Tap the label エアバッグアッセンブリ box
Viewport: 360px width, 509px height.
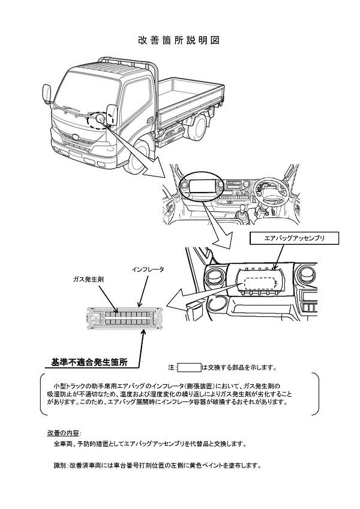295,238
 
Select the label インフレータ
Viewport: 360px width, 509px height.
148,271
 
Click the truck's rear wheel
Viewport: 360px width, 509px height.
197,129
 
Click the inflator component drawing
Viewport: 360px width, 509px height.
124,318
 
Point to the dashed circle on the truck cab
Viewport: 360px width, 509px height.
97,121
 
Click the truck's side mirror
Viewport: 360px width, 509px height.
111,115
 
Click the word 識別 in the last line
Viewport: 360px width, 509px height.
60,465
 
